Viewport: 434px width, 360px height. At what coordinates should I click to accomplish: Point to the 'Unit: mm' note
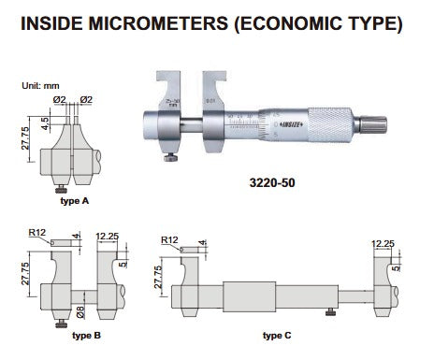click(x=40, y=86)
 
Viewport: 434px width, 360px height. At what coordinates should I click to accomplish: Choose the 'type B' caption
click(x=87, y=334)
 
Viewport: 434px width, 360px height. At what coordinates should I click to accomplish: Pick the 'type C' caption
click(x=280, y=334)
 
